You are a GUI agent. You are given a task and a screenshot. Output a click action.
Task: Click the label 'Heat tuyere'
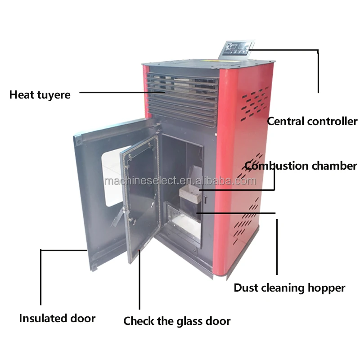pos(40,95)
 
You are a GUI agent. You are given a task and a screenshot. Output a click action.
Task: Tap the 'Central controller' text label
pos(312,121)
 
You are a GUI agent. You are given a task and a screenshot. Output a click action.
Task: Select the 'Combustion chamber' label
pos(301,166)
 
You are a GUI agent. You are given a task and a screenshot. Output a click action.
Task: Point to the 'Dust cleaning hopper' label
pos(289,288)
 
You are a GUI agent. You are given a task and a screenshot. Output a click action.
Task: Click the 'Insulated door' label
pos(57,319)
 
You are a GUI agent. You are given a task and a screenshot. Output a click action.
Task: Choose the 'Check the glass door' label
pos(177,321)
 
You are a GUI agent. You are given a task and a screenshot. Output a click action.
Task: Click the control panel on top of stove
pos(236,48)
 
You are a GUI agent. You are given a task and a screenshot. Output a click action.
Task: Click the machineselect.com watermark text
pos(180,181)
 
